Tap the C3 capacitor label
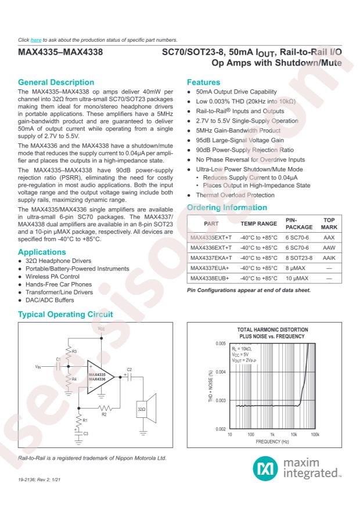pyautogui.click(x=86, y=433)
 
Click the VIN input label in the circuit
pyautogui.click(x=38, y=367)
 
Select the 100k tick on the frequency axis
pyautogui.click(x=315, y=434)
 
